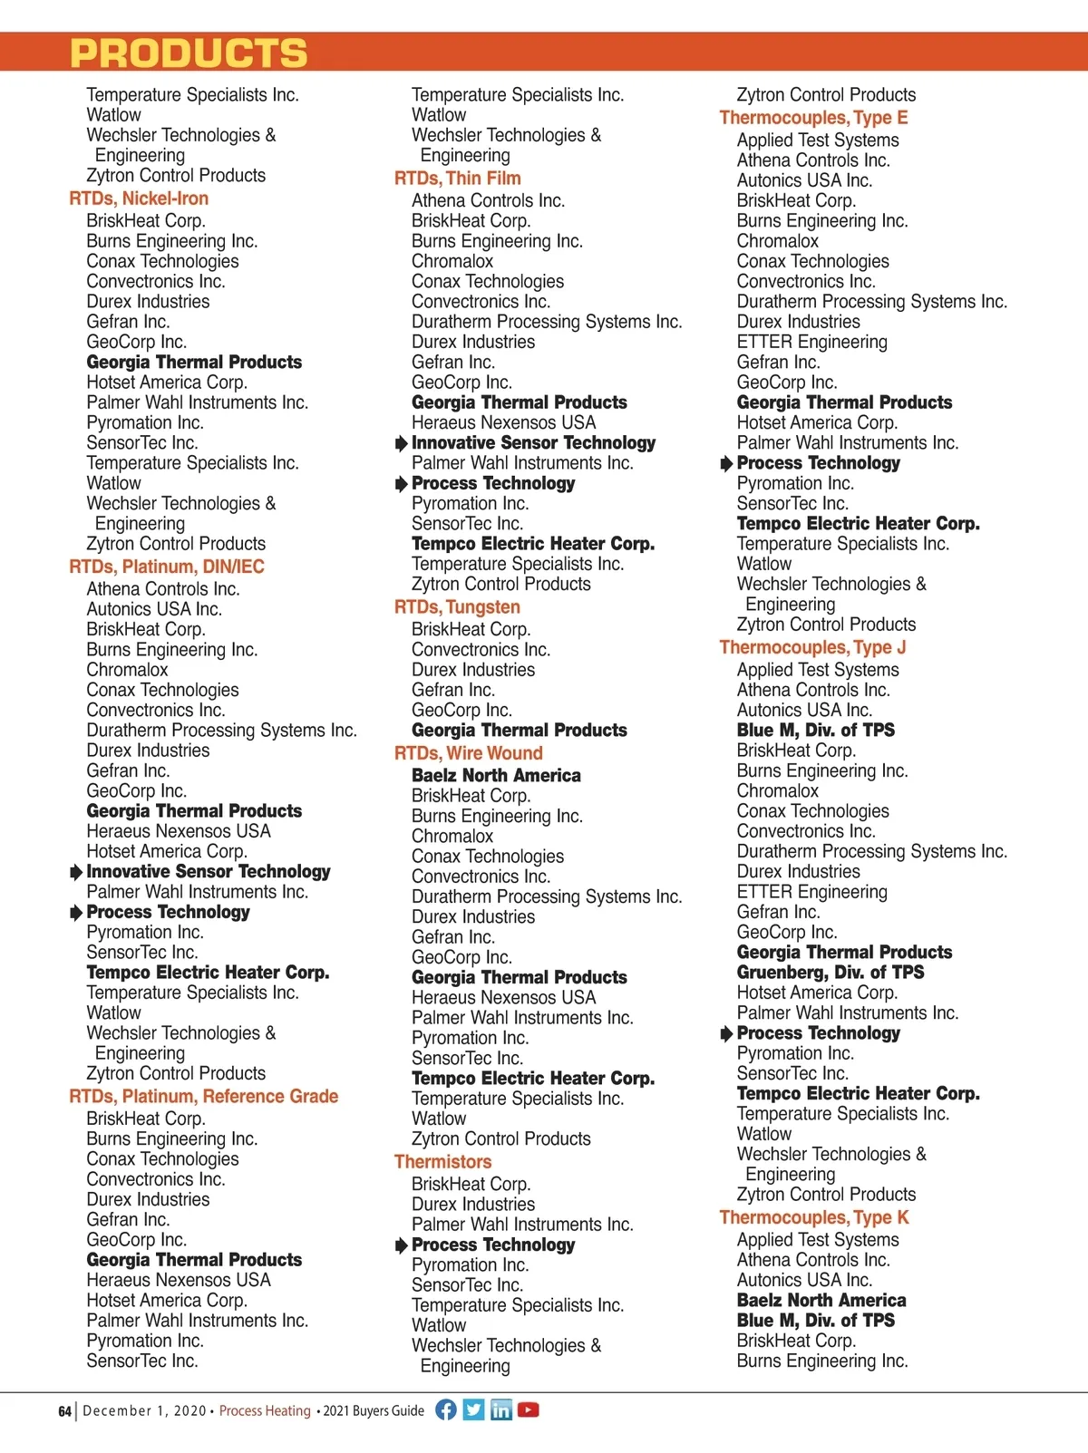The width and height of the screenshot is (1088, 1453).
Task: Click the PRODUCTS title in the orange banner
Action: pyautogui.click(x=189, y=53)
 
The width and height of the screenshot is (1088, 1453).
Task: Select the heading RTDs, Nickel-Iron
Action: pyautogui.click(x=139, y=199)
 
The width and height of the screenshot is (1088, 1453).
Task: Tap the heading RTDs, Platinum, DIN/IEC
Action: pyautogui.click(x=167, y=567)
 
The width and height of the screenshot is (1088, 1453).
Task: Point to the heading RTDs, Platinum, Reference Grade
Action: pyautogui.click(x=203, y=1097)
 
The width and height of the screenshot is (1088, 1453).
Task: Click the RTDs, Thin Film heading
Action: pyautogui.click(x=457, y=179)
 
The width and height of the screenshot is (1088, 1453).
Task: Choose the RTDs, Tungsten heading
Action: pyautogui.click(x=457, y=607)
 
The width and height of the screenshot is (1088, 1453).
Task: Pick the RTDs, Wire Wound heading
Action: pyautogui.click(x=468, y=753)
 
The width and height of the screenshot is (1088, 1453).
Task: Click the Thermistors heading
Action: pyautogui.click(x=442, y=1162)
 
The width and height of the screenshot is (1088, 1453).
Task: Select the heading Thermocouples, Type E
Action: pyautogui.click(x=813, y=118)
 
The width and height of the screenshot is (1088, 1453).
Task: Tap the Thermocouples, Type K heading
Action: pyautogui.click(x=813, y=1217)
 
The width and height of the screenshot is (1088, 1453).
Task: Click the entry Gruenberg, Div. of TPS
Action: pyautogui.click(x=830, y=973)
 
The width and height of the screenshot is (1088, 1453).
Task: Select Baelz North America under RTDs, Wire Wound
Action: pyautogui.click(x=496, y=776)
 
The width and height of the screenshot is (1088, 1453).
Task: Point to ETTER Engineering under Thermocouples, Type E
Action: pyautogui.click(x=811, y=342)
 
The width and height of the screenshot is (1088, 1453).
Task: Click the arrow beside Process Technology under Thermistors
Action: pyautogui.click(x=402, y=1245)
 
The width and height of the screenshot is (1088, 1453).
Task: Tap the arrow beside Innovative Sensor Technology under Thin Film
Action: pyautogui.click(x=402, y=443)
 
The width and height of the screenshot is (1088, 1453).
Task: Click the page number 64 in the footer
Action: pyautogui.click(x=64, y=1411)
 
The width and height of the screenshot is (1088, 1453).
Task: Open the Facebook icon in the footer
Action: pyautogui.click(x=446, y=1409)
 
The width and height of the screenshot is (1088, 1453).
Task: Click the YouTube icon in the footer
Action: pyautogui.click(x=529, y=1409)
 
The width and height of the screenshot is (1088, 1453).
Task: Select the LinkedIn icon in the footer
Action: pyautogui.click(x=501, y=1409)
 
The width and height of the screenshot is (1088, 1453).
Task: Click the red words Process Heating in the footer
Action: pyautogui.click(x=265, y=1411)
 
